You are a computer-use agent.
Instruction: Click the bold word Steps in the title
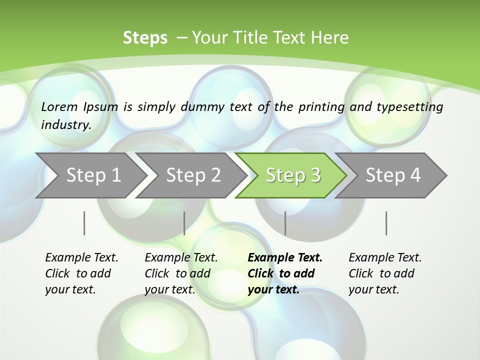coord(145,38)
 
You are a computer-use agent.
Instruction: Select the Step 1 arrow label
coord(93,175)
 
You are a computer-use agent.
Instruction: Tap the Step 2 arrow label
coord(193,175)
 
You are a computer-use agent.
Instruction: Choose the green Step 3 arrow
coord(293,175)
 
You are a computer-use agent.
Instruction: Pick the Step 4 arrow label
coord(393,175)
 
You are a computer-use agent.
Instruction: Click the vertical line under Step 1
coord(84,223)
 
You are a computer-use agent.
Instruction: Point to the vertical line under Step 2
coord(184,223)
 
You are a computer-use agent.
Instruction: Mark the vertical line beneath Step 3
coord(285,223)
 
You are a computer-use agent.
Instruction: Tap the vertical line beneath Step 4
coord(386,223)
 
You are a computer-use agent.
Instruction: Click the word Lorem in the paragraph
coord(59,106)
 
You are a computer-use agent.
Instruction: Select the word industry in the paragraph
coord(65,124)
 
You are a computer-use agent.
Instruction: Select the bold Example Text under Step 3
coord(285,257)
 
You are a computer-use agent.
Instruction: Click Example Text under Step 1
coord(81,257)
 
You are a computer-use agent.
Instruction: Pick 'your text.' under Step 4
coord(373,289)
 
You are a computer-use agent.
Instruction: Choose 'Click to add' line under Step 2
coord(177,273)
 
